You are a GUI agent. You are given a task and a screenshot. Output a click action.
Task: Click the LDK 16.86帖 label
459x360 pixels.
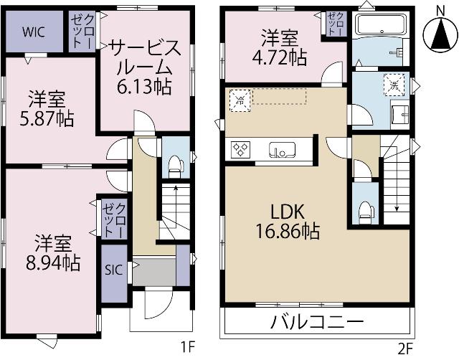[x=288, y=222]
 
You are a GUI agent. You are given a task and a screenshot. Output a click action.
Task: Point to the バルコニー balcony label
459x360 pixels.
[x=317, y=321]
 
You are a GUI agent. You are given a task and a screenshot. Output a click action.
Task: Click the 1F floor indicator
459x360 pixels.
[x=188, y=349]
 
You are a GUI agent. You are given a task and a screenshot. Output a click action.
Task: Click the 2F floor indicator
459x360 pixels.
[x=406, y=349]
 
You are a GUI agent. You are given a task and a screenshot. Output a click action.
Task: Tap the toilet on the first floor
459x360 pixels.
[x=173, y=167]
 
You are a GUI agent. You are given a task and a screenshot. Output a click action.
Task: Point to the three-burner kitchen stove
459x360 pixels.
[x=240, y=150]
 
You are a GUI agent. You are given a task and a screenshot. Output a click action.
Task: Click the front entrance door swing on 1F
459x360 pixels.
[x=156, y=304]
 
